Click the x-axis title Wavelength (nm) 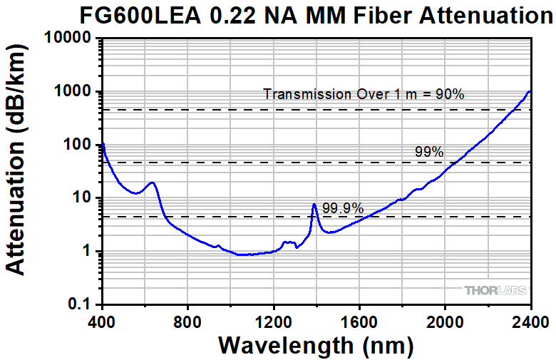(316, 344)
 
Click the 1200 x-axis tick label (274, 319)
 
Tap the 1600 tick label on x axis (359, 319)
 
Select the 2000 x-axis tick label (446, 319)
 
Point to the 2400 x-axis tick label (531, 319)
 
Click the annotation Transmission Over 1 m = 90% (364, 94)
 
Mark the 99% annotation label (429, 152)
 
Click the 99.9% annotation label (343, 209)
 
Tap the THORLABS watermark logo (495, 291)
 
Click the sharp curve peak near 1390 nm (314, 205)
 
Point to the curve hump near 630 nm (152, 182)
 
